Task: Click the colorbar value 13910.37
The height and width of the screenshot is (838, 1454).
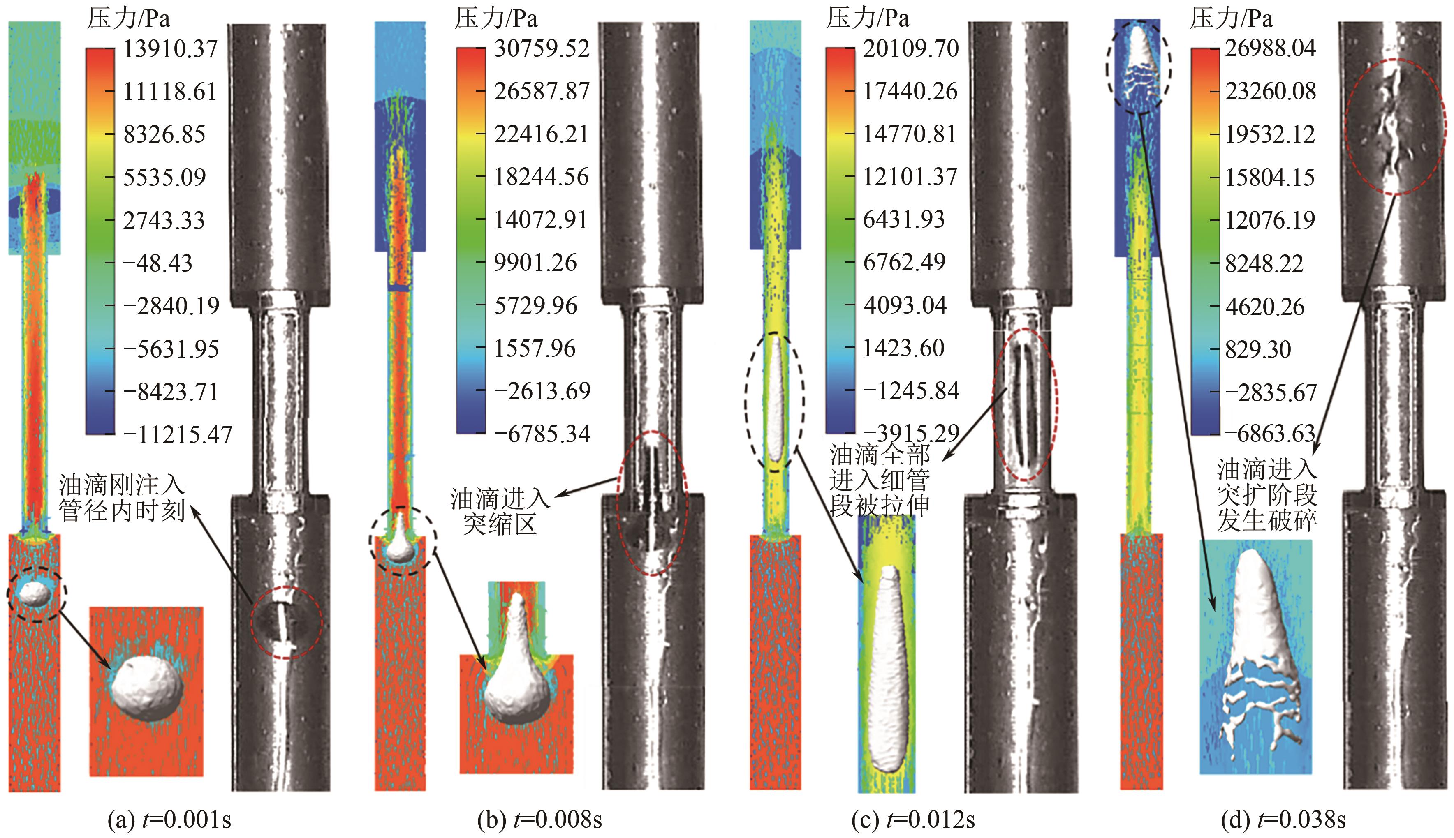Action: point(171,48)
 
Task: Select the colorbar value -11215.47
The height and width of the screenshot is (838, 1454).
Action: point(177,434)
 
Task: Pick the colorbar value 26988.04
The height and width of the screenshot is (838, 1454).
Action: point(1270,48)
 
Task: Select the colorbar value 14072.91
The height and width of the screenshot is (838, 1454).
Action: point(541,220)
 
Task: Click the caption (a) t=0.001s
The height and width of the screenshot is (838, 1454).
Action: point(169,820)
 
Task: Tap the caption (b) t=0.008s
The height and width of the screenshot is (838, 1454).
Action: point(539,820)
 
